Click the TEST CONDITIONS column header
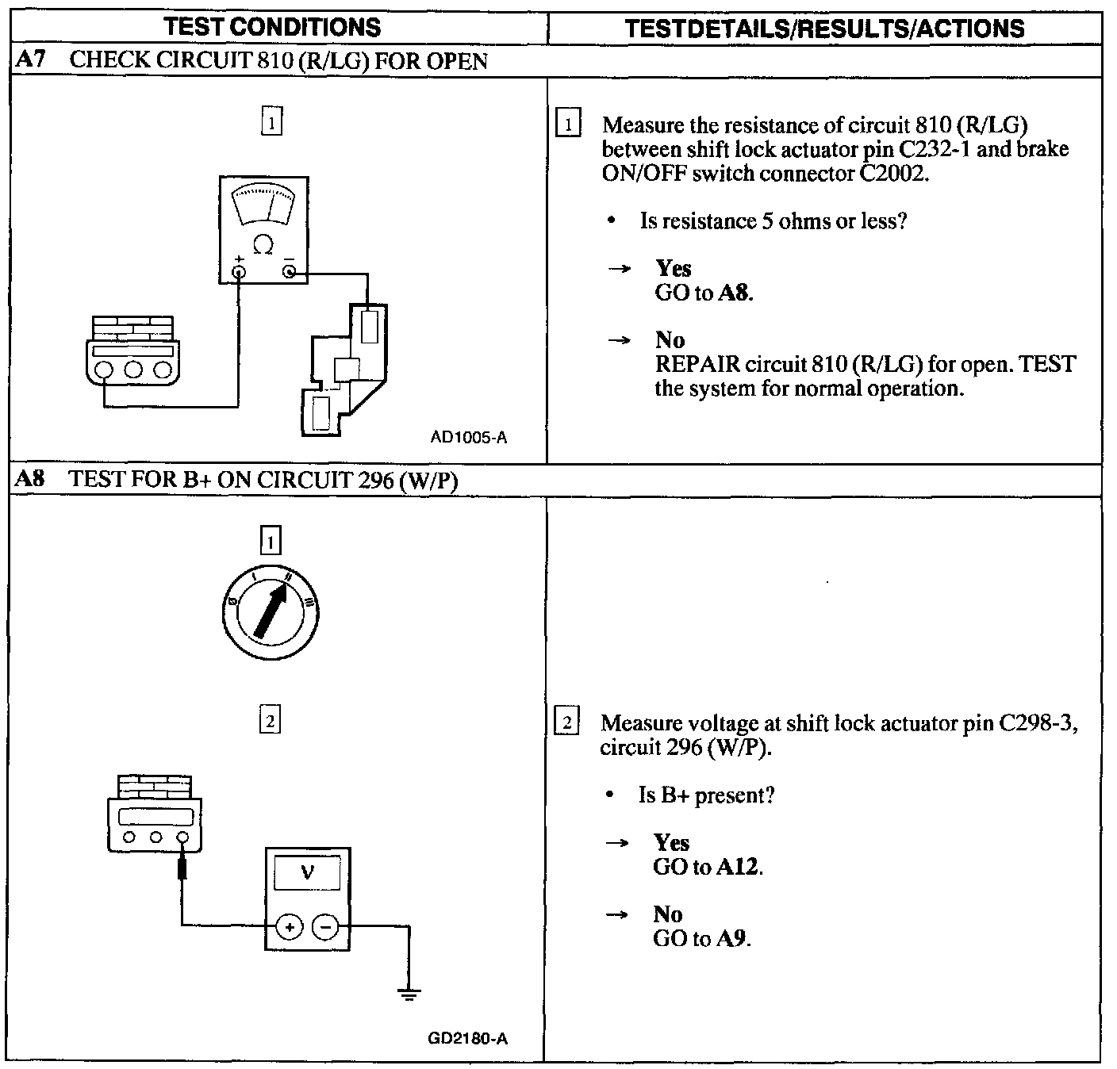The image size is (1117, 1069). click(272, 27)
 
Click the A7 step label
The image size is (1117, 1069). click(30, 59)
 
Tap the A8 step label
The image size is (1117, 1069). click(30, 478)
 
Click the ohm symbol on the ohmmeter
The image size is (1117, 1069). click(263, 245)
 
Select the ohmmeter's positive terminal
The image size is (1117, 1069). click(239, 272)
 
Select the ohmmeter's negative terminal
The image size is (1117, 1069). click(290, 271)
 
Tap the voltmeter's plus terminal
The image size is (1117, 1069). click(290, 927)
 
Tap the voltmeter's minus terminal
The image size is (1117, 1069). click(325, 927)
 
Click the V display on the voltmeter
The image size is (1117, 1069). click(307, 873)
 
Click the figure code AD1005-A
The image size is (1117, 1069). click(468, 438)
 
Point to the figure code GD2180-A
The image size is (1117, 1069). click(468, 1039)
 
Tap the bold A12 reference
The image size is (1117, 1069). click(737, 867)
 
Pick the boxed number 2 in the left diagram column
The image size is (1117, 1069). click(271, 721)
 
